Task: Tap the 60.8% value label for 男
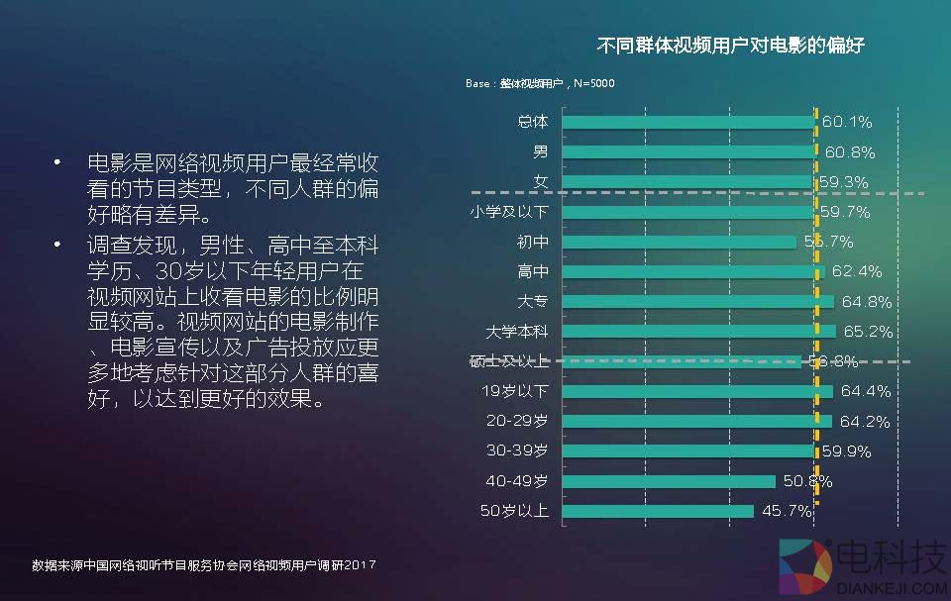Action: tap(850, 152)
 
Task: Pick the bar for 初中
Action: tap(680, 242)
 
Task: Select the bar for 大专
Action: tap(698, 301)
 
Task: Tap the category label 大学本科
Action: tap(516, 331)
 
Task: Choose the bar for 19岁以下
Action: tap(697, 391)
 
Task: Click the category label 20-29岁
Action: tap(517, 421)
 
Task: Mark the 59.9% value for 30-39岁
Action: tap(846, 451)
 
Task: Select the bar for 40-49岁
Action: tap(669, 481)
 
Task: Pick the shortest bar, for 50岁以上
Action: tap(658, 511)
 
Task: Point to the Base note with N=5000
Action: tap(540, 83)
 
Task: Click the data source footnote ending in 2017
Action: tap(203, 565)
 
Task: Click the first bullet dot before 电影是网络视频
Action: tap(58, 161)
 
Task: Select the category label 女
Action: tap(541, 181)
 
